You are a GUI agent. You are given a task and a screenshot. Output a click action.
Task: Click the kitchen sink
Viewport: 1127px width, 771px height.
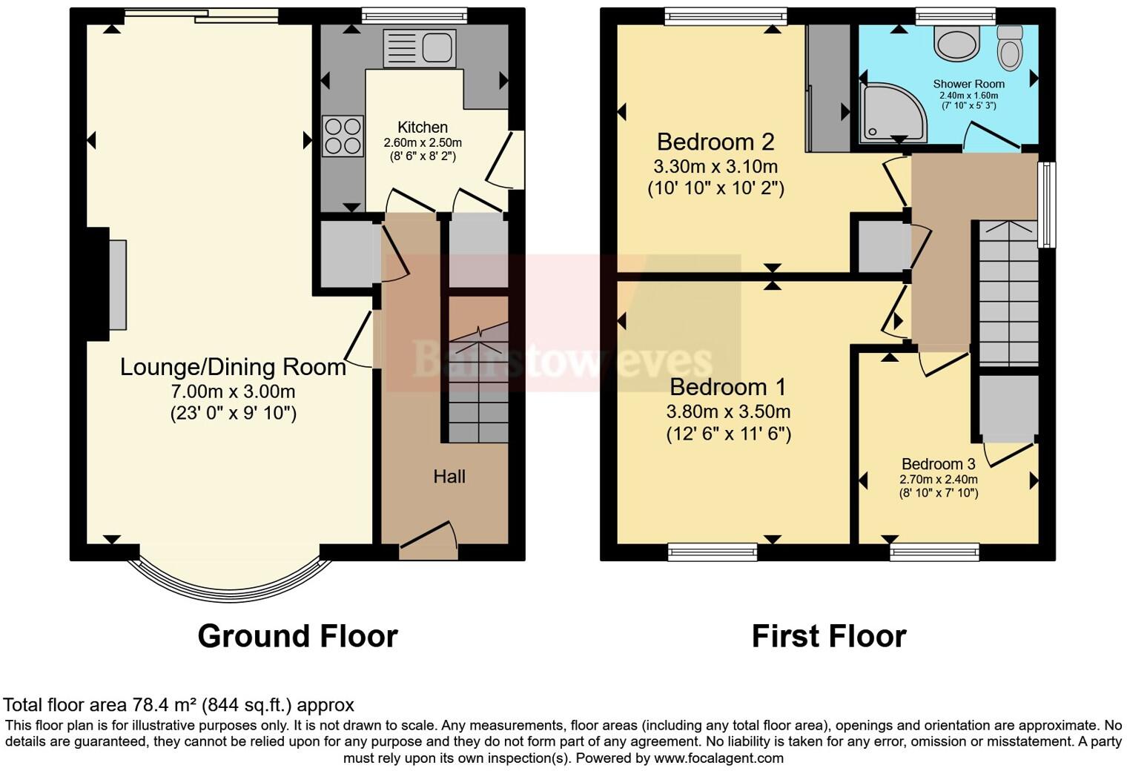click(x=419, y=47)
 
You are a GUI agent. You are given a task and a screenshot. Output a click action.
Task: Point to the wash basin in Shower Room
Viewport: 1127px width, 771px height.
click(x=957, y=42)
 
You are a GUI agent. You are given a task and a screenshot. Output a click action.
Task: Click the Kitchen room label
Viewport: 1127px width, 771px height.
click(x=423, y=128)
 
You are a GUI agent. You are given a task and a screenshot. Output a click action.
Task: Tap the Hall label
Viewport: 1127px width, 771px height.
click(x=449, y=476)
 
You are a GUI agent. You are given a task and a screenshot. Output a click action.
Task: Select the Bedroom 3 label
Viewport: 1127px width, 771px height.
click(x=939, y=463)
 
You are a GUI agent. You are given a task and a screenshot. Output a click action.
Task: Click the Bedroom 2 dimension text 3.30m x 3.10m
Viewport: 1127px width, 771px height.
click(x=715, y=166)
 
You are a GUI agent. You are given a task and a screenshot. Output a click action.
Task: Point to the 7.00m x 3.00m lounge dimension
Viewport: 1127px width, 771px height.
click(x=233, y=391)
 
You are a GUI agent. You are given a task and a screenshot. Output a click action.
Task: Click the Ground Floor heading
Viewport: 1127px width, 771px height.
click(x=298, y=636)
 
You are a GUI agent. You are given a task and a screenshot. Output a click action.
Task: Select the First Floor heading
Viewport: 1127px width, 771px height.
click(x=829, y=636)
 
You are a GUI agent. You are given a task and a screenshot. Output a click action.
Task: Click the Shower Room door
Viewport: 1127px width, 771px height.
click(x=991, y=136)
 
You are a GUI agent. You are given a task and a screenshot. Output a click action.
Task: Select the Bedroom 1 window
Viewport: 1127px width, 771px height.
click(x=713, y=552)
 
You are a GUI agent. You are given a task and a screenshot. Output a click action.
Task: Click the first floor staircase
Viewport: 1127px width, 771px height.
click(x=1009, y=294)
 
